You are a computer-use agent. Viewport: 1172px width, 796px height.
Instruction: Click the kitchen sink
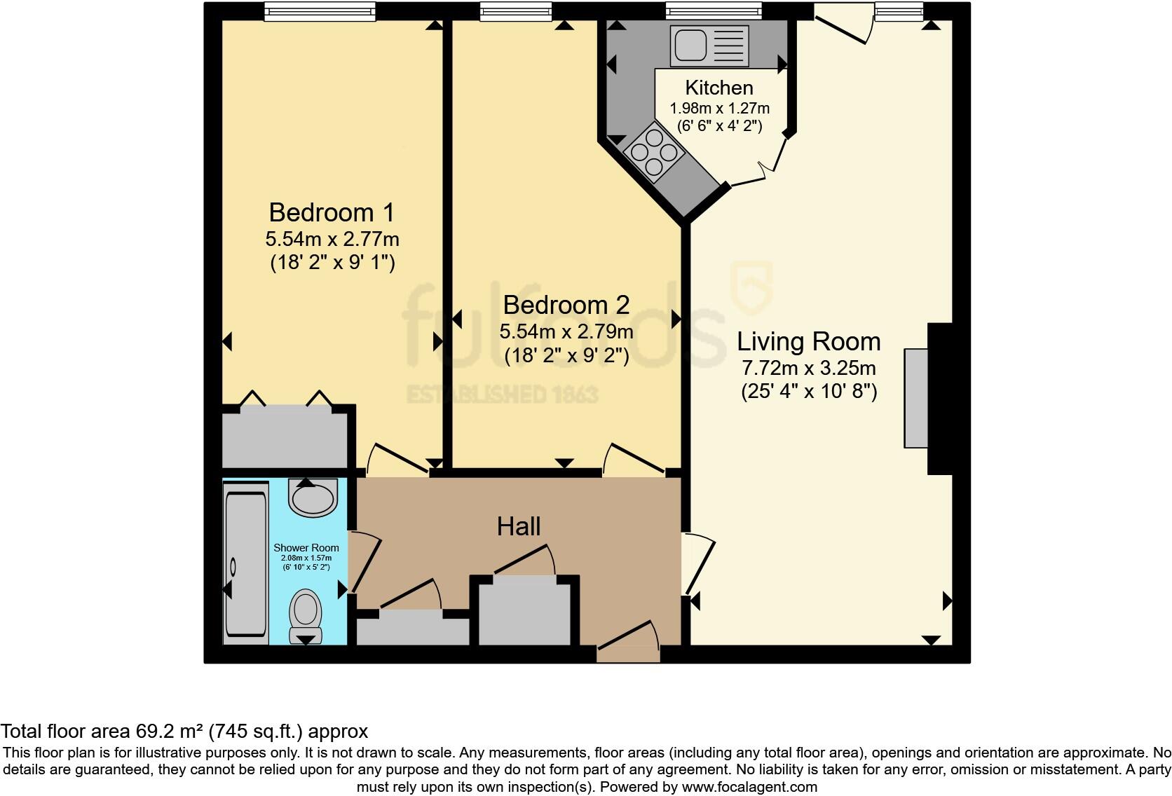(x=709, y=44)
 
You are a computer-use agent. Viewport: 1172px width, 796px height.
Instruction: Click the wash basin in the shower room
(x=313, y=497)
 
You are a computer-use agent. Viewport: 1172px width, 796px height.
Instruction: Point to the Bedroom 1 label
(x=332, y=212)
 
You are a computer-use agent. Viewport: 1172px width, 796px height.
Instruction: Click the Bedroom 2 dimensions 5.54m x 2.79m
(x=566, y=331)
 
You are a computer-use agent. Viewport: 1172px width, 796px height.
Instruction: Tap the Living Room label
(x=808, y=342)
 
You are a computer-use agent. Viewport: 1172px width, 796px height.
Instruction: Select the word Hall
(x=519, y=527)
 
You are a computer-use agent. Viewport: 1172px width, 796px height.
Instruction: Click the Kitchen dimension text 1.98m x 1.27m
(x=719, y=109)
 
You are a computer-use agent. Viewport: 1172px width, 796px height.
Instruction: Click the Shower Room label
(x=306, y=548)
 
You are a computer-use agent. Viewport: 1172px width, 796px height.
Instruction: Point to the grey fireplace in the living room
(x=915, y=397)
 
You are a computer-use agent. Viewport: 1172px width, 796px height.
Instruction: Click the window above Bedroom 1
(x=320, y=11)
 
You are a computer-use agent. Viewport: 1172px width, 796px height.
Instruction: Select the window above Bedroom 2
(x=516, y=11)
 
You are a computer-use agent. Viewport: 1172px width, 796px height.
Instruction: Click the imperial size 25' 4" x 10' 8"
(x=809, y=392)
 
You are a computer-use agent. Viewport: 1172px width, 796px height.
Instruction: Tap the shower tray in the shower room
(x=245, y=564)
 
